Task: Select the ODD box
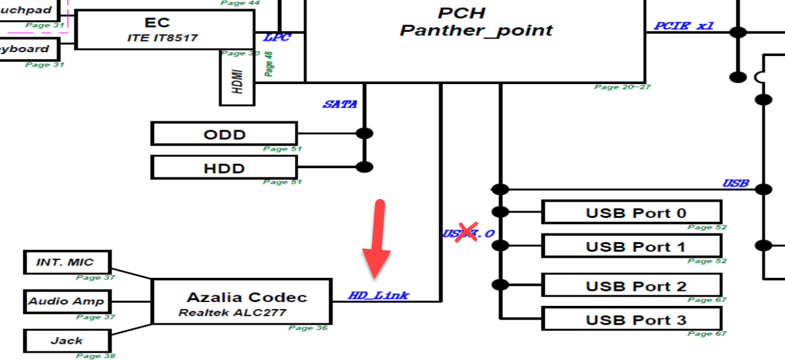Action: [224, 134]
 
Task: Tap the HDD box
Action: [224, 168]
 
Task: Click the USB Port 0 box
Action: [631, 213]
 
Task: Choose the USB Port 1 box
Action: [631, 246]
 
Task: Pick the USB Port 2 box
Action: [631, 286]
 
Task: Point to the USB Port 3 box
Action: [631, 319]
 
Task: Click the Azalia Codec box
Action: [242, 302]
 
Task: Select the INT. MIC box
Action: [68, 262]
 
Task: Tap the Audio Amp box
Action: [67, 302]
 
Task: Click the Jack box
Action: [67, 340]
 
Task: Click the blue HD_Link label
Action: [378, 295]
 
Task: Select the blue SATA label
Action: [339, 104]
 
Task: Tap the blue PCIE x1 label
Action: [683, 26]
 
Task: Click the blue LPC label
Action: [277, 37]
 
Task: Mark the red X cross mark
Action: [465, 232]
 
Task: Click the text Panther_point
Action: [476, 30]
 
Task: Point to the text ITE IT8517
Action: [162, 38]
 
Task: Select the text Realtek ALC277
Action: [232, 312]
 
